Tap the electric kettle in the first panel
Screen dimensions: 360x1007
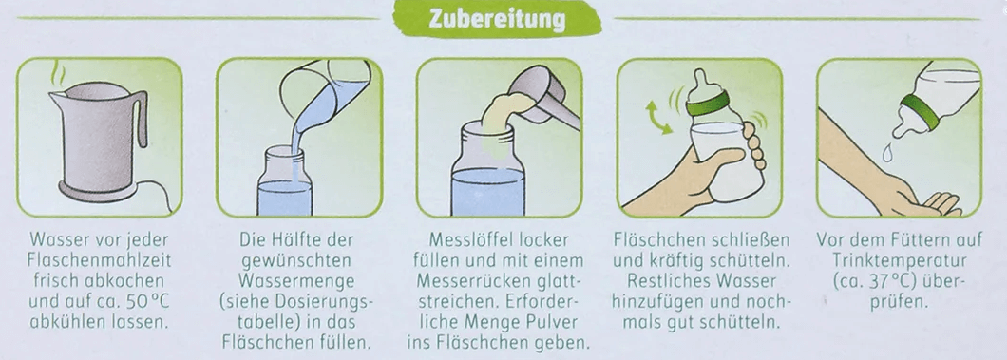95,142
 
